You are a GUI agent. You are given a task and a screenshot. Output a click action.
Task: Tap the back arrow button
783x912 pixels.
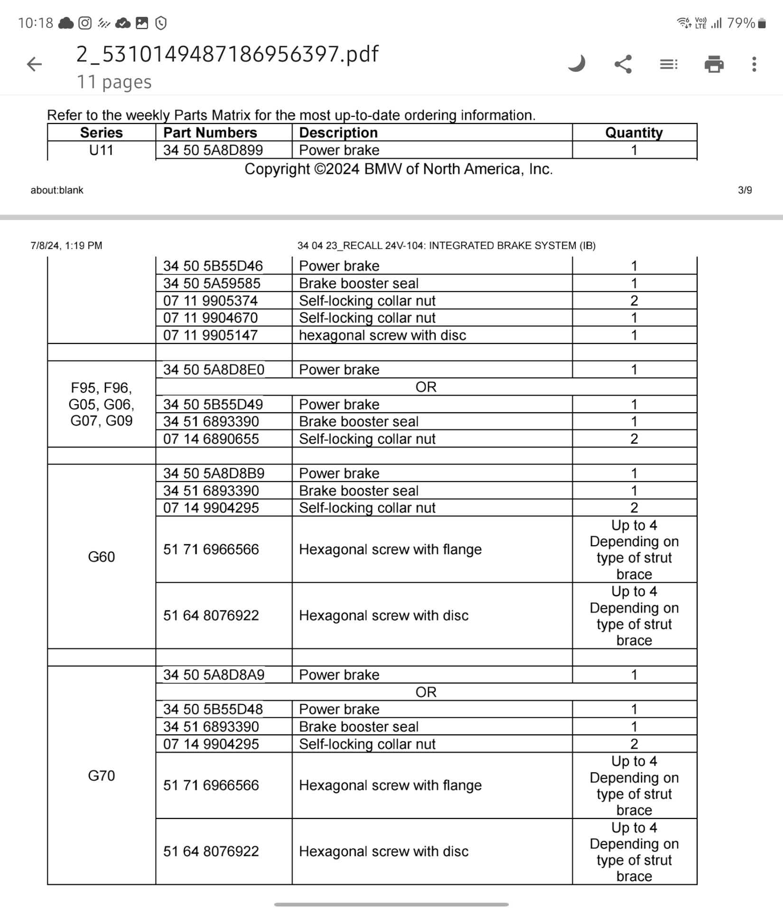(34, 64)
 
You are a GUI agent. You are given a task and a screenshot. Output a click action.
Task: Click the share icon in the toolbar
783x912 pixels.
(623, 64)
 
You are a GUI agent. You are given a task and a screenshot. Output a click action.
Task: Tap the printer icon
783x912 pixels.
(714, 64)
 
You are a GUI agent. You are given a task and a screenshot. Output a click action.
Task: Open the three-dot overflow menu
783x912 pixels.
(754, 64)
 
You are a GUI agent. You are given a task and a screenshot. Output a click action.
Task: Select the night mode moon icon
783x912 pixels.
(577, 63)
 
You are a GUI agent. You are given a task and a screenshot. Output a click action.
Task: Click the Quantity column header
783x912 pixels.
(634, 133)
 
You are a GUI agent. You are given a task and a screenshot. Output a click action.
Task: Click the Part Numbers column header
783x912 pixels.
(210, 133)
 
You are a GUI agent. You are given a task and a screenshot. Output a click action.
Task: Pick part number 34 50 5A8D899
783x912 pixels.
(213, 150)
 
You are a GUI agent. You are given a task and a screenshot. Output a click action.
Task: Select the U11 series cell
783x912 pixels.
(101, 150)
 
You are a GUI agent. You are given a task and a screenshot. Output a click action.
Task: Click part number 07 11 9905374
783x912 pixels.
(210, 301)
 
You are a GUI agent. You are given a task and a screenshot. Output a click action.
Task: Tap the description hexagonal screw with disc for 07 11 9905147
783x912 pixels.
(382, 335)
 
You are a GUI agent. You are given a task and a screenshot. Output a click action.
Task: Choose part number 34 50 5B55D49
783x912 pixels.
(213, 404)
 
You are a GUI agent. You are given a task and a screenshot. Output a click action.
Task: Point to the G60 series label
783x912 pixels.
(101, 557)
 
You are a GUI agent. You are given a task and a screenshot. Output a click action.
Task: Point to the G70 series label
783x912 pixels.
(101, 776)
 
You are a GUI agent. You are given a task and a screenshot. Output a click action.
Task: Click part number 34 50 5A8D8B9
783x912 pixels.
(214, 473)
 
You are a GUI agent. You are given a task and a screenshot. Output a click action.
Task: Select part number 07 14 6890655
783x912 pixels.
(211, 439)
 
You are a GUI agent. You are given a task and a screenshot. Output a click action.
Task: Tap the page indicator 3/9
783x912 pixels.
(745, 190)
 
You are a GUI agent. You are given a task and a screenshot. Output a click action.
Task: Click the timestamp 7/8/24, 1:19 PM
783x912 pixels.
(66, 246)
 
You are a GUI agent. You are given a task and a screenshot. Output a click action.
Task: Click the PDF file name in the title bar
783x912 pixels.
(227, 54)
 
